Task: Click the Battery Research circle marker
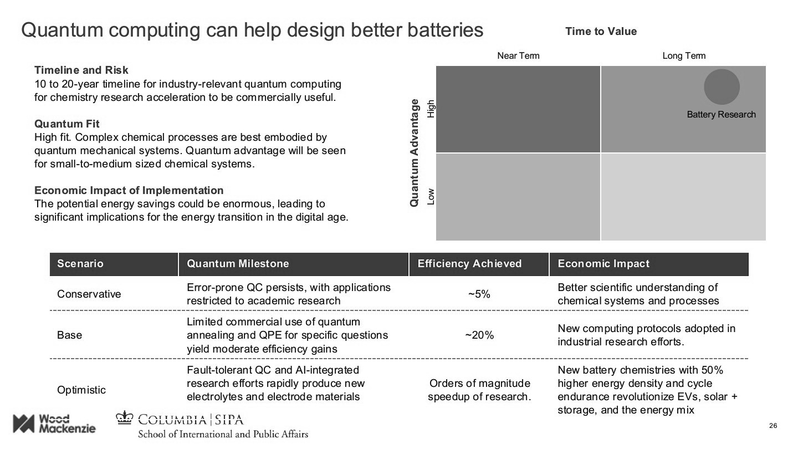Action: tap(722, 86)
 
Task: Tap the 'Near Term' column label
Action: tap(518, 55)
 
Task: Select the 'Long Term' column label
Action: tap(684, 55)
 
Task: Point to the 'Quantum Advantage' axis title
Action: tap(414, 153)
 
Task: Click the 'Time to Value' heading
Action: tap(601, 32)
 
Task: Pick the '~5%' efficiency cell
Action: tap(479, 294)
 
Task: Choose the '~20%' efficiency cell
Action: tap(479, 335)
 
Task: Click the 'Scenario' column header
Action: tap(80, 264)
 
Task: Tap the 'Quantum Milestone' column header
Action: tap(238, 264)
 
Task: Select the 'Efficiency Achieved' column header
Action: tap(469, 264)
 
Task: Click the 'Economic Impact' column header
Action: tap(603, 264)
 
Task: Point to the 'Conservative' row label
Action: tap(89, 294)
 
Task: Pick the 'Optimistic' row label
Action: tap(81, 390)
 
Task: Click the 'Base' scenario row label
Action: tap(69, 335)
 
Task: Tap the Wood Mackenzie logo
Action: tap(54, 424)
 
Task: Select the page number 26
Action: tap(773, 426)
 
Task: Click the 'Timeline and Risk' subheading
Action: tap(81, 70)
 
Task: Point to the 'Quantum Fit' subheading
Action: tap(67, 124)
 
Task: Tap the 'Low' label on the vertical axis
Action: tap(431, 196)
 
